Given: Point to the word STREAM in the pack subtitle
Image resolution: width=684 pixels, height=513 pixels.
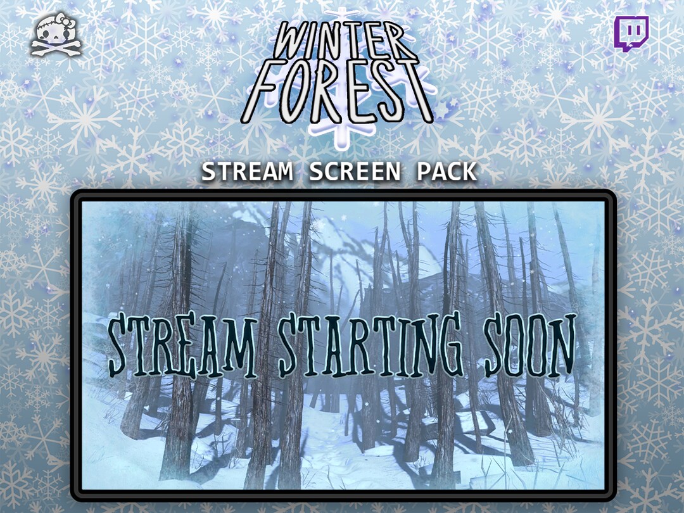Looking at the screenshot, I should (248, 172).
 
